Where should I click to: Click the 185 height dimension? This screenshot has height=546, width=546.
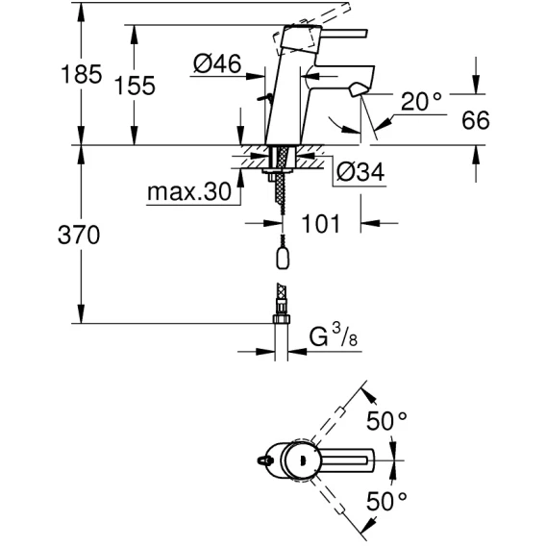tap(82, 74)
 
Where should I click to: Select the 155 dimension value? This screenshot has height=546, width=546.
tap(135, 86)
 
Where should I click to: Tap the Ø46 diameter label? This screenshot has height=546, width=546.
tap(217, 63)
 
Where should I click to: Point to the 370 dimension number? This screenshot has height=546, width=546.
tap(79, 235)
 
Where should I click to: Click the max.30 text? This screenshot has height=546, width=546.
tap(189, 191)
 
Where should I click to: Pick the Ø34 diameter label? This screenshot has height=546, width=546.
tap(360, 172)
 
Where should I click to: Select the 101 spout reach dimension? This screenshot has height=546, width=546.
tap(320, 223)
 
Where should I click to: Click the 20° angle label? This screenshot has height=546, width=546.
tap(421, 101)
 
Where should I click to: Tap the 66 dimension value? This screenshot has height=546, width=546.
tap(476, 120)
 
